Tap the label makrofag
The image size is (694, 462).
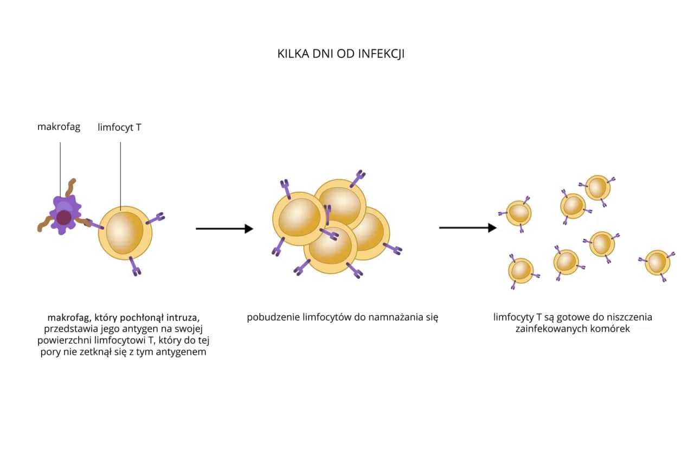59,127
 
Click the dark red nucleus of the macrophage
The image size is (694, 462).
64,217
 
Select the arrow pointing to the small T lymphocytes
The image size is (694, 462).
467,227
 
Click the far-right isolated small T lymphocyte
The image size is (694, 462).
657,263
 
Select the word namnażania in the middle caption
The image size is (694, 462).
391,317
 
